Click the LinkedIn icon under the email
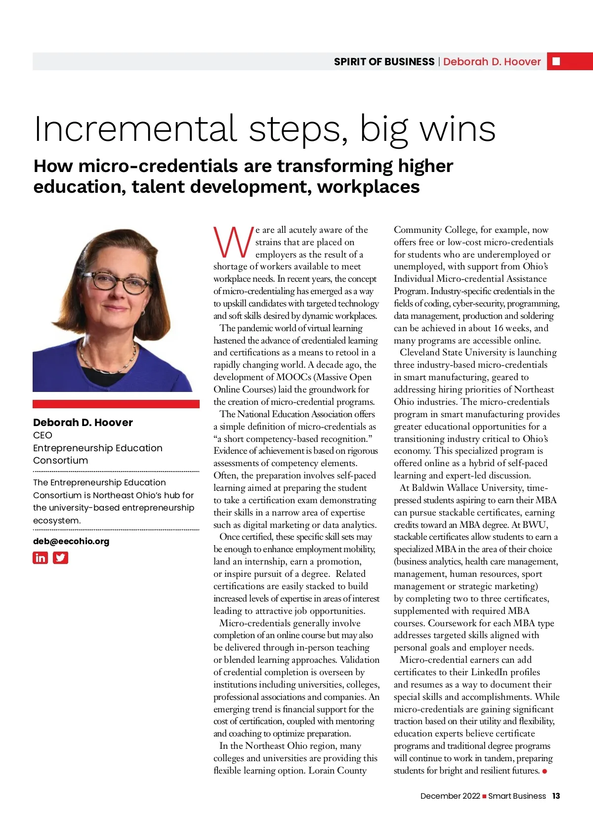41,558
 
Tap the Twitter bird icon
60,558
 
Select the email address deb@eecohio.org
71,541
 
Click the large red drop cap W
233,243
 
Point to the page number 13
556,796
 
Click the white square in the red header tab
556,61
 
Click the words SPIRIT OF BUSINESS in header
384,62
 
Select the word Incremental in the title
135,129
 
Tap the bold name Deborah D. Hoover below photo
83,422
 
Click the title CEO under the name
42,435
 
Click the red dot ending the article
545,771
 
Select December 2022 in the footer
450,796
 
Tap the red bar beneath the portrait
116,404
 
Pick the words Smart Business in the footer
517,796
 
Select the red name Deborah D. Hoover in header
492,62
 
